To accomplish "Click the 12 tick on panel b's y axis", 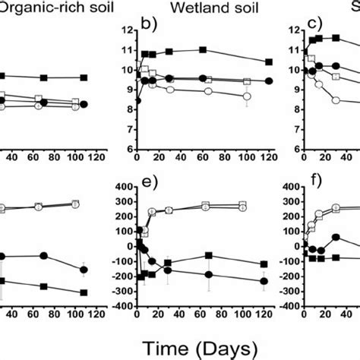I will point(125,31).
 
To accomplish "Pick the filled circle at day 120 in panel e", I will point(264,281).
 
